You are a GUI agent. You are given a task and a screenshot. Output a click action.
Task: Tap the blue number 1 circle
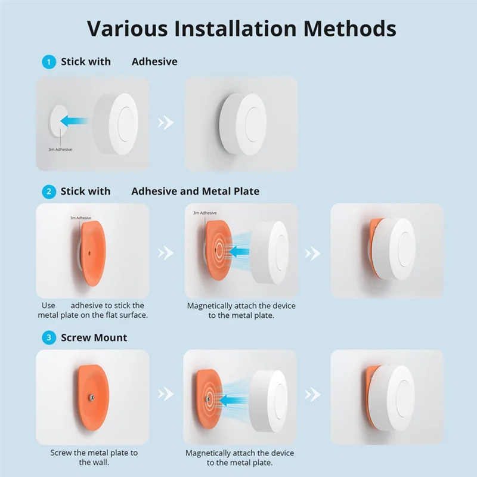pos(48,61)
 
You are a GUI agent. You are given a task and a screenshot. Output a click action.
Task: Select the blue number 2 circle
pos(48,191)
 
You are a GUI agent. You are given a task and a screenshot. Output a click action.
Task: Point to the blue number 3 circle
pos(48,337)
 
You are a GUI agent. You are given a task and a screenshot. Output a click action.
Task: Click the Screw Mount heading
pos(94,337)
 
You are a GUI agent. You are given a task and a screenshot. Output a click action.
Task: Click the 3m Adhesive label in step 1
pos(60,150)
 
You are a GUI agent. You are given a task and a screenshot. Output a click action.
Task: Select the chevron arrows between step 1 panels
pos(165,123)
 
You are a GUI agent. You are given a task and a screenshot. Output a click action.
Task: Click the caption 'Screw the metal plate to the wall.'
pos(94,457)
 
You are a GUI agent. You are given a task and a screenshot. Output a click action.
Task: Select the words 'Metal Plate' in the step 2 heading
pos(231,191)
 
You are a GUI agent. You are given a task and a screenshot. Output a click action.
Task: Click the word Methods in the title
pos(343,28)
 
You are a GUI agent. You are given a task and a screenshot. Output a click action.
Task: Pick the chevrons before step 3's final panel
pos(312,394)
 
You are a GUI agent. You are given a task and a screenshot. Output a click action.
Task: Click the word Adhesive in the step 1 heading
pos(154,61)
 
